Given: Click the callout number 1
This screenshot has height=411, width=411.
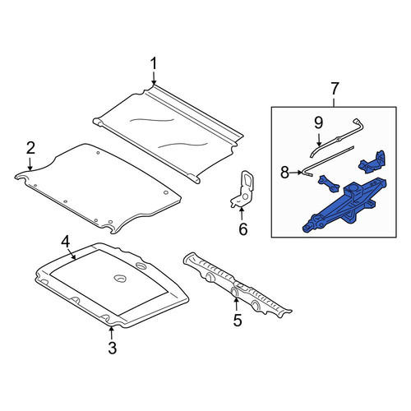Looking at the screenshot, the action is pos(154,63).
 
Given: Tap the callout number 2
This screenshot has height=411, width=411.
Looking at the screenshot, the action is pos(30,148).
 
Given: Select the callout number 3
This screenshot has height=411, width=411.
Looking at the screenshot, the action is pos(113,348).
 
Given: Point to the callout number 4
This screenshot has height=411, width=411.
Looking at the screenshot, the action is pos(66,242).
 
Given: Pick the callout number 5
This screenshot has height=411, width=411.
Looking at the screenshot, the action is pos(238,320).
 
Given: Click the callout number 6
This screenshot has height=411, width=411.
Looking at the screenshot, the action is pos(243,229).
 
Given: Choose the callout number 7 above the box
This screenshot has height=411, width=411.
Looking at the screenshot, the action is pos(335,88).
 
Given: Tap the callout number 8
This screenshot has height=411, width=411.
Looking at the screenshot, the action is pos(285,173).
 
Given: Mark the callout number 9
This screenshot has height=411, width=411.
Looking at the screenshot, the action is pos(319,122).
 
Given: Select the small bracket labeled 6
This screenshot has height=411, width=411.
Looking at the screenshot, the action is pos(242,189).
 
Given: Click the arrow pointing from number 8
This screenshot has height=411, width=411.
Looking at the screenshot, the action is pos(296,173).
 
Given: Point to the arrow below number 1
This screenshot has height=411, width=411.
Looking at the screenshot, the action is pos(154,78).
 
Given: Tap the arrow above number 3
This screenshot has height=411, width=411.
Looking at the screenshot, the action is pos(111,333).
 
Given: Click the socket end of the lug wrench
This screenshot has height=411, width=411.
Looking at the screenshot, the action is pos(358,122).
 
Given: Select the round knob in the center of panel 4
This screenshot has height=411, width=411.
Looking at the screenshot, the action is pos(120,278).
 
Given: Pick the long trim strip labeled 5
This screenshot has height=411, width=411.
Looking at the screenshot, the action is pos(237,285).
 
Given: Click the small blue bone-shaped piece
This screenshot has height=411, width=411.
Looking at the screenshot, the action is pos(329,183).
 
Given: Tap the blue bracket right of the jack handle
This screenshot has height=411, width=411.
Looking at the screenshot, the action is pos(372,162).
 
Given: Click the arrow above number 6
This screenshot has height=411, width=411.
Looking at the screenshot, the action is pos(242,215).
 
